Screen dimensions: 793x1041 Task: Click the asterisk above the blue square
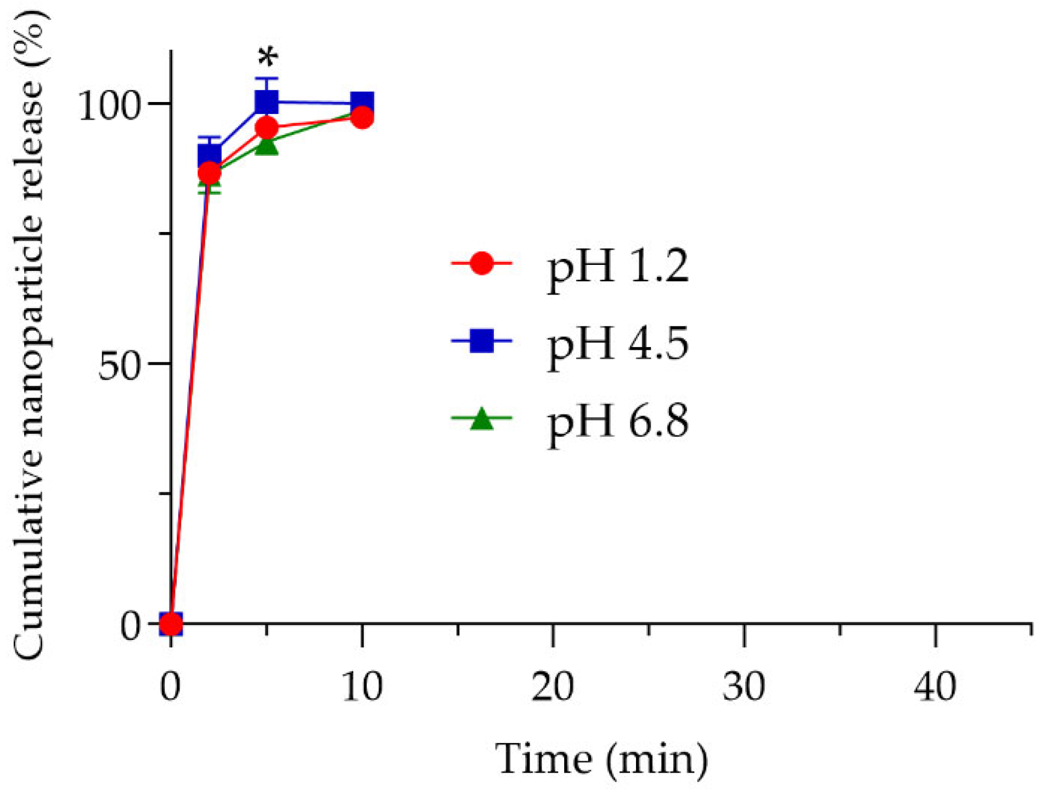268,56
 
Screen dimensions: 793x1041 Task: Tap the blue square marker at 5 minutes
267,101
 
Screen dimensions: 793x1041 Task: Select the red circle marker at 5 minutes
267,128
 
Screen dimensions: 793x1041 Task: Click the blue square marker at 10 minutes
362,103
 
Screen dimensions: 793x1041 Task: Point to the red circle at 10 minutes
362,117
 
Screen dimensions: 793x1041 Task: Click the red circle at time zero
171,624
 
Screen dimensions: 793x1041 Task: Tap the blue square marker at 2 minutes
209,154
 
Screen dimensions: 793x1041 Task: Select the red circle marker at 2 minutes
209,173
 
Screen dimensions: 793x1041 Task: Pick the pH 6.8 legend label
617,422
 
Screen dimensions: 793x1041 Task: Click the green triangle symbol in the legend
481,418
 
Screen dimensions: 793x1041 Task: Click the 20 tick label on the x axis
553,687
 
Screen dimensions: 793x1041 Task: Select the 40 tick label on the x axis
935,687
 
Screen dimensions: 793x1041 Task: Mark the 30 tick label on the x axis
744,687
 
